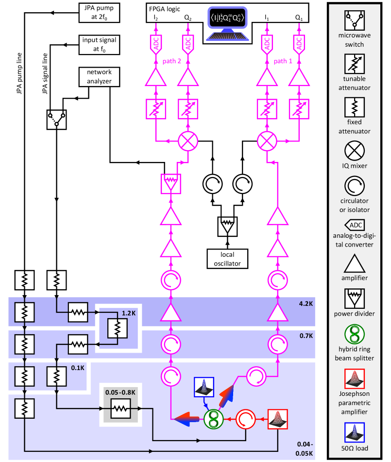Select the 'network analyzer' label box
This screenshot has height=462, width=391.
pyautogui.click(x=99, y=76)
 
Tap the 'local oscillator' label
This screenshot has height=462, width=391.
pyautogui.click(x=227, y=259)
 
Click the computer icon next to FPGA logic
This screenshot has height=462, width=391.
pyautogui.click(x=227, y=23)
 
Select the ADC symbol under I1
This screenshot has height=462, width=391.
pyautogui.click(x=267, y=44)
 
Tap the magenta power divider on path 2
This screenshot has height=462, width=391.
pyautogui.click(x=170, y=183)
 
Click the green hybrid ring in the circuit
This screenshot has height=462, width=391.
pyautogui.click(x=212, y=418)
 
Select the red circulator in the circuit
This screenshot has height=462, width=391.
pyautogui.click(x=245, y=418)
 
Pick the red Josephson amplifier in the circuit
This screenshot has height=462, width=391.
pyautogui.click(x=277, y=418)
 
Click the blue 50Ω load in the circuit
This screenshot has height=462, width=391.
pyautogui.click(x=203, y=387)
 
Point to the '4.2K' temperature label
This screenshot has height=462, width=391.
pyautogui.click(x=306, y=304)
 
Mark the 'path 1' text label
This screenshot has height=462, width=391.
pyautogui.click(x=283, y=61)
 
